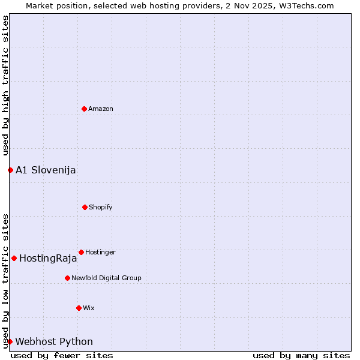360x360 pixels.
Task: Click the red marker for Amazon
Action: (84, 109)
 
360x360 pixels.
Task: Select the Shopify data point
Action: (85, 207)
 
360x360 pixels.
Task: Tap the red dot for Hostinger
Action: (81, 252)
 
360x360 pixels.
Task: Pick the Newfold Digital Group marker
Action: (67, 278)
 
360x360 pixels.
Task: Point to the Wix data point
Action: (79, 308)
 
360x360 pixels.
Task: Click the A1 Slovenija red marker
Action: (10, 170)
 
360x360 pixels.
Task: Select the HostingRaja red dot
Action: (14, 258)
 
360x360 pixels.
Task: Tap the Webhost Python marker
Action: (10, 341)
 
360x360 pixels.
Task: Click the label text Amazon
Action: (101, 109)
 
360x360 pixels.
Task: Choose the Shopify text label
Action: (101, 207)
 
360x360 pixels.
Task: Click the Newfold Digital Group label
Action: (106, 278)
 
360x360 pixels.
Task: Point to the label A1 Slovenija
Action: (46, 170)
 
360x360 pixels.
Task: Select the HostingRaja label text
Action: (48, 259)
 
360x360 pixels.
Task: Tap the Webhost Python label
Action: (54, 341)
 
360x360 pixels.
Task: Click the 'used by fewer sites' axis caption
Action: (62, 355)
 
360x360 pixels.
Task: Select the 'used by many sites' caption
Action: (301, 355)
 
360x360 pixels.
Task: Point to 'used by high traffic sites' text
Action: (5, 85)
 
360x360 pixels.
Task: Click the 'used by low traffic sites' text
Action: (5, 280)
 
